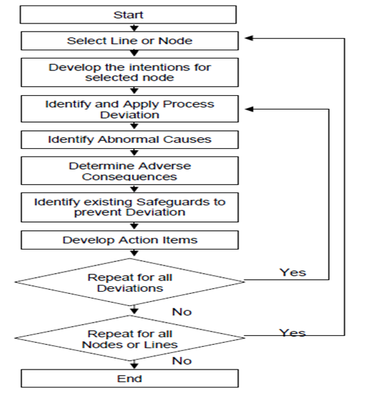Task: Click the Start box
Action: point(128,14)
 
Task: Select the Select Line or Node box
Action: point(130,41)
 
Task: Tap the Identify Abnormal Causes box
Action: point(130,139)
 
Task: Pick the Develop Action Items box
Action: point(130,240)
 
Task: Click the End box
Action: point(130,379)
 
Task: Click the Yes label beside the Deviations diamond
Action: point(293,272)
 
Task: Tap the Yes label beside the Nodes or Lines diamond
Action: point(292,333)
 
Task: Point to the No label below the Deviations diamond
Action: point(182,312)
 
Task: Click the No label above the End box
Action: point(182,361)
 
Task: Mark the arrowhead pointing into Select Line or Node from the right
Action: point(249,38)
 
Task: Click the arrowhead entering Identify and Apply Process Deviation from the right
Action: point(249,109)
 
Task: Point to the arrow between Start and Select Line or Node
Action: point(134,28)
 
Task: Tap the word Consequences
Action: point(130,177)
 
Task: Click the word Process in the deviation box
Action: point(188,104)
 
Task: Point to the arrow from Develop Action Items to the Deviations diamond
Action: point(134,252)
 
